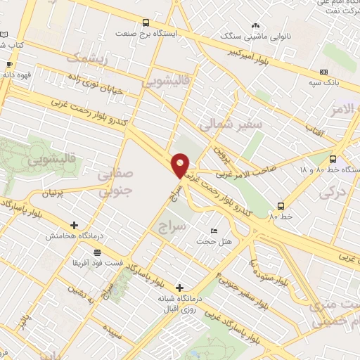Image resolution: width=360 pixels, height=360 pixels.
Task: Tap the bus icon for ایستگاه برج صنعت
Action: coord(146,22)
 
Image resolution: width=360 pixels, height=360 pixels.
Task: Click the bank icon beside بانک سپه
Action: coord(323,72)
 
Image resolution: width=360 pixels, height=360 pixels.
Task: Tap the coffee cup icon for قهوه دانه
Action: coord(9,65)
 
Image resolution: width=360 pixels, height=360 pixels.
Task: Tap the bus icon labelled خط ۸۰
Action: coord(281,206)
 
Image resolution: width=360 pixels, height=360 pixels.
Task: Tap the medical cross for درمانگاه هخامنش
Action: coord(74,225)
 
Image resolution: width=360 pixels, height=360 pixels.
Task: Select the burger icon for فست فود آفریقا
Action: coord(96,252)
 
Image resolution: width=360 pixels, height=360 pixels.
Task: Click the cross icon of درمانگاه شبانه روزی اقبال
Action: coord(180,288)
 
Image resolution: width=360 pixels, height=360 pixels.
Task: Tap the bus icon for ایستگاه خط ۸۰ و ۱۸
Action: coord(333,159)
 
